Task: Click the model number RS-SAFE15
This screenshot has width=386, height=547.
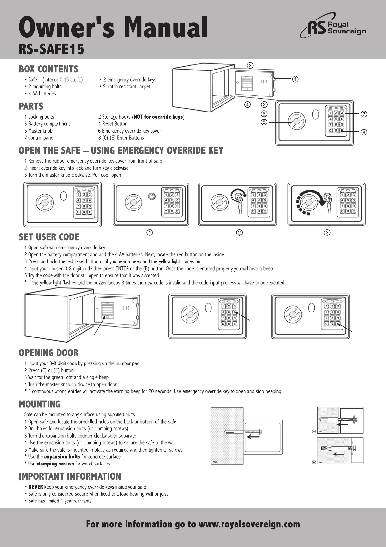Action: pos(52,50)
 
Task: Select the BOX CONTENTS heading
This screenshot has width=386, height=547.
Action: pos(49,69)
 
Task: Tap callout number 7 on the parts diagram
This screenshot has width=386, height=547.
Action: pos(364,114)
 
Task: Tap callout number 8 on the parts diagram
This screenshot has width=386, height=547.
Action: pos(364,132)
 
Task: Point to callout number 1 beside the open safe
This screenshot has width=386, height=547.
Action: pos(295,79)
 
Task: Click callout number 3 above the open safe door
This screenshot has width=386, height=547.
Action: pos(250,65)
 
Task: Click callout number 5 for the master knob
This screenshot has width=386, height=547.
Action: pos(264,122)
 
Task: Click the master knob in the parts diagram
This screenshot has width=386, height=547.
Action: pos(296,121)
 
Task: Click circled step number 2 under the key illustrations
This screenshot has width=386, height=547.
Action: pos(239,233)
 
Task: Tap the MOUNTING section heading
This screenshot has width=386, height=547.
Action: pos(40,404)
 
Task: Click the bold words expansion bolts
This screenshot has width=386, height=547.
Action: pos(62,457)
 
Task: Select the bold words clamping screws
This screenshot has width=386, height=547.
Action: pos(55,464)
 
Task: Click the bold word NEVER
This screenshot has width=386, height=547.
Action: pos(36,487)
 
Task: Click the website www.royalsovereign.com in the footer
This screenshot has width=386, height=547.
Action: pos(249,524)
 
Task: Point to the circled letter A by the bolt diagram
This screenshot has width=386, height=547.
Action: pos(314,431)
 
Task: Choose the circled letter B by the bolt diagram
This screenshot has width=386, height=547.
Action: pos(314,462)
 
